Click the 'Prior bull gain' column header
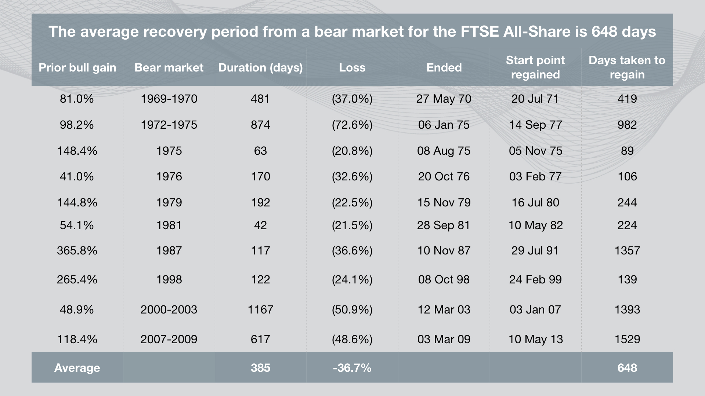click(77, 67)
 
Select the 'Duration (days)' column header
click(260, 67)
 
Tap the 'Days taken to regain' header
click(627, 67)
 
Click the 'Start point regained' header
click(535, 67)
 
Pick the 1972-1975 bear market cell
click(169, 125)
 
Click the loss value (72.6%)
click(352, 125)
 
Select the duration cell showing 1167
click(260, 309)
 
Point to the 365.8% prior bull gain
click(77, 250)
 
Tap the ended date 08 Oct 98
click(444, 279)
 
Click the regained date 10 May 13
click(535, 339)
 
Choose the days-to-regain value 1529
click(627, 339)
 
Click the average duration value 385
click(260, 368)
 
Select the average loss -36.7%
click(352, 368)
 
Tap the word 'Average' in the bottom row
click(77, 368)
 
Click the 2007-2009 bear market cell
click(169, 339)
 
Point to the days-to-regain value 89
click(627, 151)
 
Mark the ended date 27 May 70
click(444, 99)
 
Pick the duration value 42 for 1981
click(260, 225)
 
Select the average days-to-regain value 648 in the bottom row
click(627, 368)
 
